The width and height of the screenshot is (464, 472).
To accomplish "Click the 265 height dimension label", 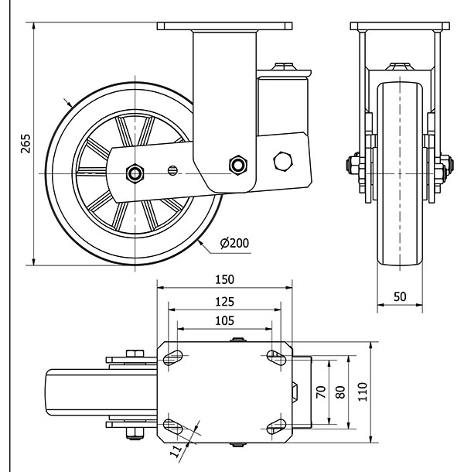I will pyautogui.click(x=25, y=143).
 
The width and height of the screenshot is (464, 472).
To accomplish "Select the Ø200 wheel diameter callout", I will pyautogui.click(x=234, y=243).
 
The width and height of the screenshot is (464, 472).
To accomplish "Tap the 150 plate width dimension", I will pyautogui.click(x=225, y=279).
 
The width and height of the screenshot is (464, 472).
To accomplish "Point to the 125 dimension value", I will pyautogui.click(x=225, y=302).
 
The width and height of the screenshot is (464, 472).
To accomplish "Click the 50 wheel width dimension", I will pyautogui.click(x=400, y=296).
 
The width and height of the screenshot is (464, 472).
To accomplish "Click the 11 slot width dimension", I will pyautogui.click(x=176, y=448).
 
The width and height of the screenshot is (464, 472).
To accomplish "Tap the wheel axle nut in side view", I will pyautogui.click(x=136, y=173).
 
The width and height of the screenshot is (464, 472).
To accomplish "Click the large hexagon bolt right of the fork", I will pyautogui.click(x=282, y=161).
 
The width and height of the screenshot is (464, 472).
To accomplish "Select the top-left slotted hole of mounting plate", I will pyautogui.click(x=172, y=357).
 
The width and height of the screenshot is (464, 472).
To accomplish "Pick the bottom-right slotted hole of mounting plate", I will pyautogui.click(x=276, y=426).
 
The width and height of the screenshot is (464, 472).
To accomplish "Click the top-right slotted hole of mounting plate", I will pyautogui.click(x=276, y=357).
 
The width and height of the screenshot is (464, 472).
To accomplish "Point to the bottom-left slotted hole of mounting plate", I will pyautogui.click(x=172, y=426).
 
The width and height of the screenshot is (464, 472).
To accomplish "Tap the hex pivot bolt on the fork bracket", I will pyautogui.click(x=237, y=164).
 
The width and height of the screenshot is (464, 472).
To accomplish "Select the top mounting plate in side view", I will pyautogui.click(x=225, y=26).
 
